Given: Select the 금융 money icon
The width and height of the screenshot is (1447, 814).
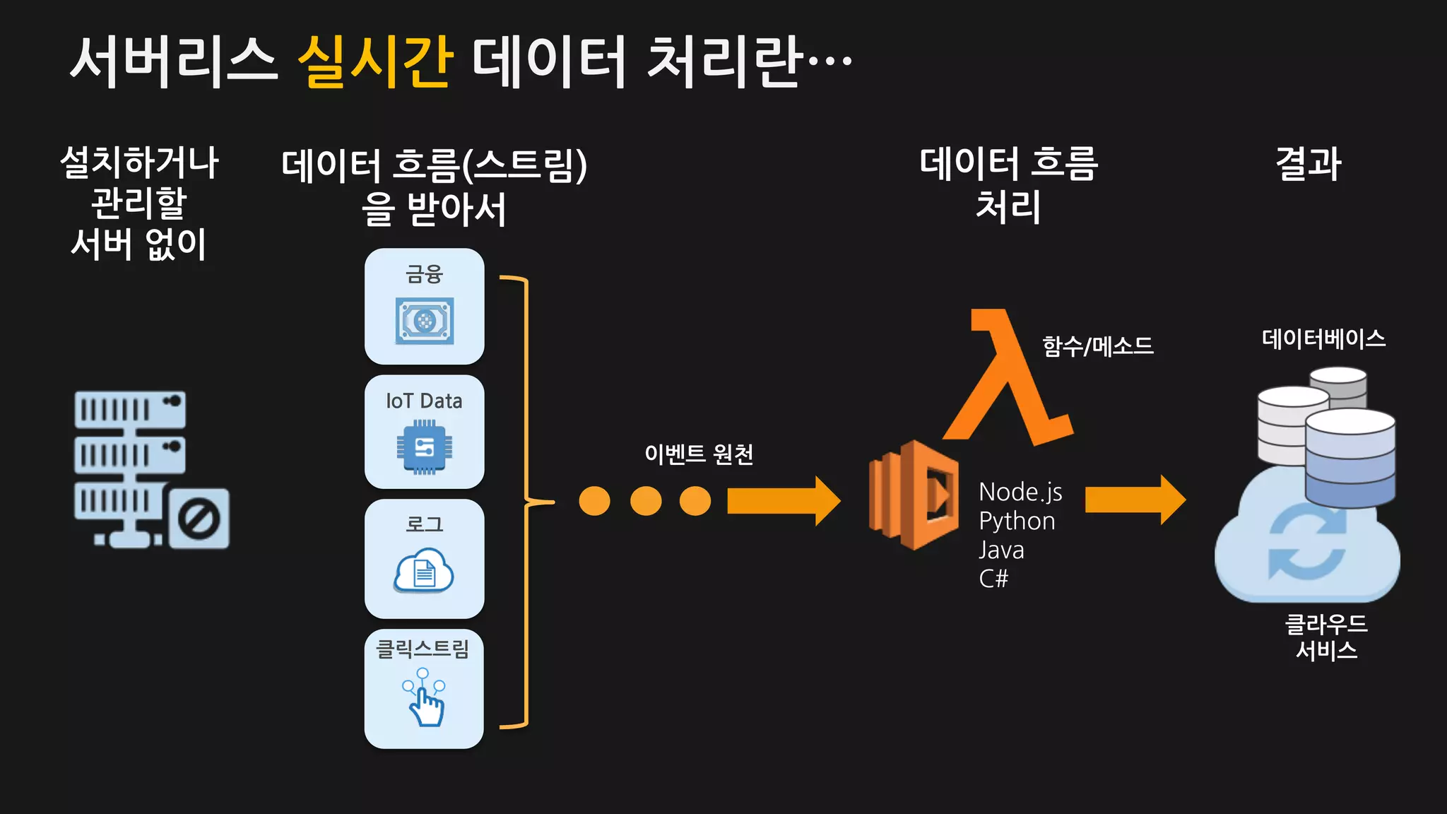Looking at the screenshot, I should pyautogui.click(x=424, y=321).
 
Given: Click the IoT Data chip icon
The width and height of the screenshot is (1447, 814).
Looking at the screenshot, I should pyautogui.click(x=424, y=447).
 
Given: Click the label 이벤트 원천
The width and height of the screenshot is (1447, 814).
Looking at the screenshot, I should pyautogui.click(x=698, y=454).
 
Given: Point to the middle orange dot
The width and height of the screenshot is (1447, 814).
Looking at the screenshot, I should pyautogui.click(x=645, y=501).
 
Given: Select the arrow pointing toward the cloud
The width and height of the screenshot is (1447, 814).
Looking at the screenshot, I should pyautogui.click(x=1135, y=500).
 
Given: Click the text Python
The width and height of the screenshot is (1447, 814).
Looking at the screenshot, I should pyautogui.click(x=1017, y=521).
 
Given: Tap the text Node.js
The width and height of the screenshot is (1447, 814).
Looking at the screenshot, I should pyautogui.click(x=1020, y=492).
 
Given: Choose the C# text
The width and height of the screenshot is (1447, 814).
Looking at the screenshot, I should pyautogui.click(x=993, y=579).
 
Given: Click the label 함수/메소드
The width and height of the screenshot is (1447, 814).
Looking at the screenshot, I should pyautogui.click(x=1098, y=346).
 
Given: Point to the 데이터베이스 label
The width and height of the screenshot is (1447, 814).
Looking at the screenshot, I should pyautogui.click(x=1323, y=339).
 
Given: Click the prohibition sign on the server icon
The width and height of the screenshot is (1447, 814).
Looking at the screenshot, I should pyautogui.click(x=199, y=519).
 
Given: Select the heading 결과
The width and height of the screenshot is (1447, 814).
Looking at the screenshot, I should pyautogui.click(x=1308, y=164).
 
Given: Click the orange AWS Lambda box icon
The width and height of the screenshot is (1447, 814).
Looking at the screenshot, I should pyautogui.click(x=914, y=495).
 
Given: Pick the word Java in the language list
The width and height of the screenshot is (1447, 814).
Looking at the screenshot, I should pyautogui.click(x=1001, y=550).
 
